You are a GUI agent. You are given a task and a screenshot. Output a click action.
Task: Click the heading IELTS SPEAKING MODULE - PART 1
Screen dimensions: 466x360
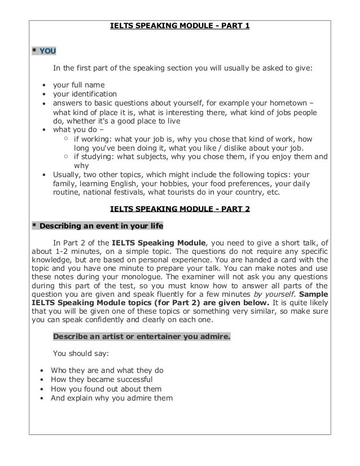tap(179, 26)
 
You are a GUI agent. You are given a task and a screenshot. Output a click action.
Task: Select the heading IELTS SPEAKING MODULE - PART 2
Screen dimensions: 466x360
tap(179, 208)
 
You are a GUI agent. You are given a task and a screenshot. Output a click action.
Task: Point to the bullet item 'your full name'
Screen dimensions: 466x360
tap(78, 85)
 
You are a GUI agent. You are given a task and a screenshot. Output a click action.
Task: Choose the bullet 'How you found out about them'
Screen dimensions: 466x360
tap(106, 389)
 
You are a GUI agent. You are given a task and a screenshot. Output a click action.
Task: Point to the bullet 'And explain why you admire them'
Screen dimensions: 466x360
tap(112, 398)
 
